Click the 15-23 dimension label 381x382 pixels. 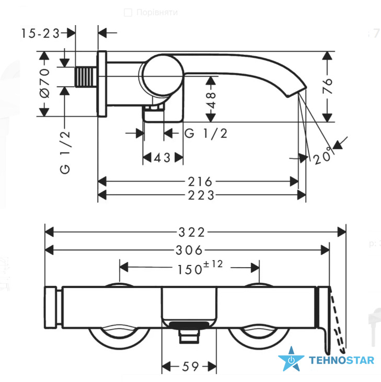coord(40,33)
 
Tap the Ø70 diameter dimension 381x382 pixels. coord(45,83)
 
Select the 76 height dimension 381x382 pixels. coord(327,86)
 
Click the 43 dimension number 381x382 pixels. coord(162,158)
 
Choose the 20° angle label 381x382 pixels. coord(322,156)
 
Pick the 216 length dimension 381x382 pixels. coord(200,181)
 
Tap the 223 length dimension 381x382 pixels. coord(201,195)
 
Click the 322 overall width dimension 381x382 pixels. coord(192,232)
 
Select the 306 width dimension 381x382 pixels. coord(189,250)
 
